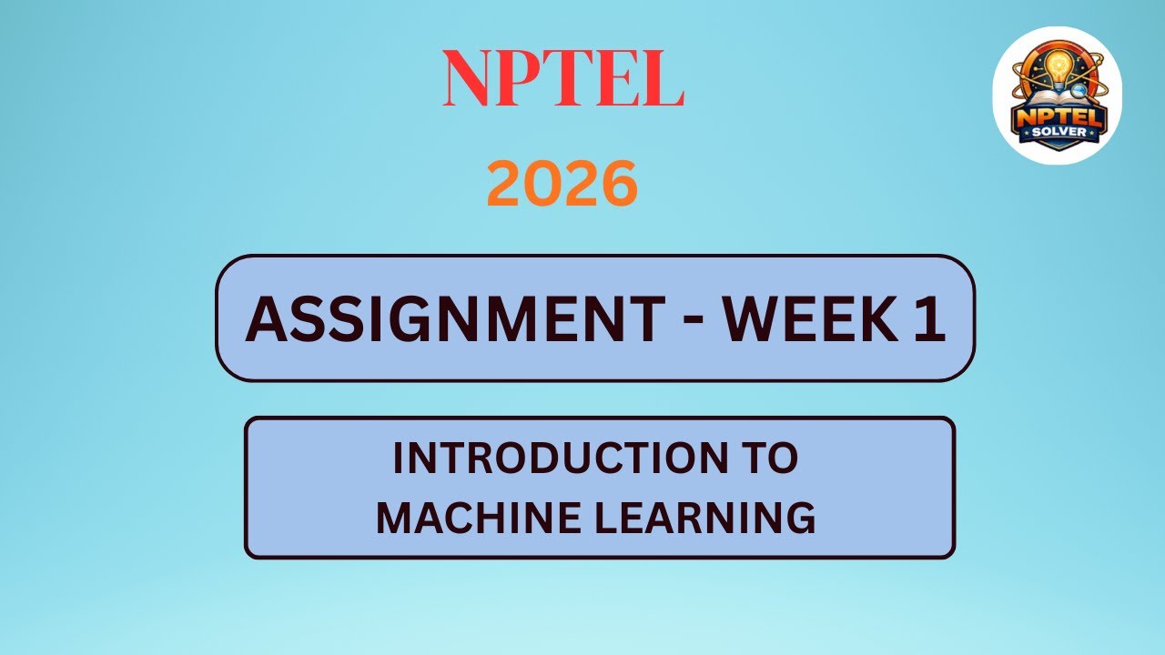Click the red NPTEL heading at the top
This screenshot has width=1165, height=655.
tap(563, 80)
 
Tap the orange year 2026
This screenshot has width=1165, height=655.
tap(562, 185)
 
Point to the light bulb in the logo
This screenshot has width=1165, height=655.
tap(1058, 67)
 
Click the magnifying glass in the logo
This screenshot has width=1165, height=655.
tap(1079, 90)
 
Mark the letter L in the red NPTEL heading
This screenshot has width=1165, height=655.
tap(662, 80)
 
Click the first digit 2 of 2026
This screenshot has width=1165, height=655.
tap(503, 185)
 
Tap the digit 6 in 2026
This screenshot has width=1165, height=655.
tap(618, 185)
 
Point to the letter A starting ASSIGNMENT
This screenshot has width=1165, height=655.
tap(264, 319)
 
